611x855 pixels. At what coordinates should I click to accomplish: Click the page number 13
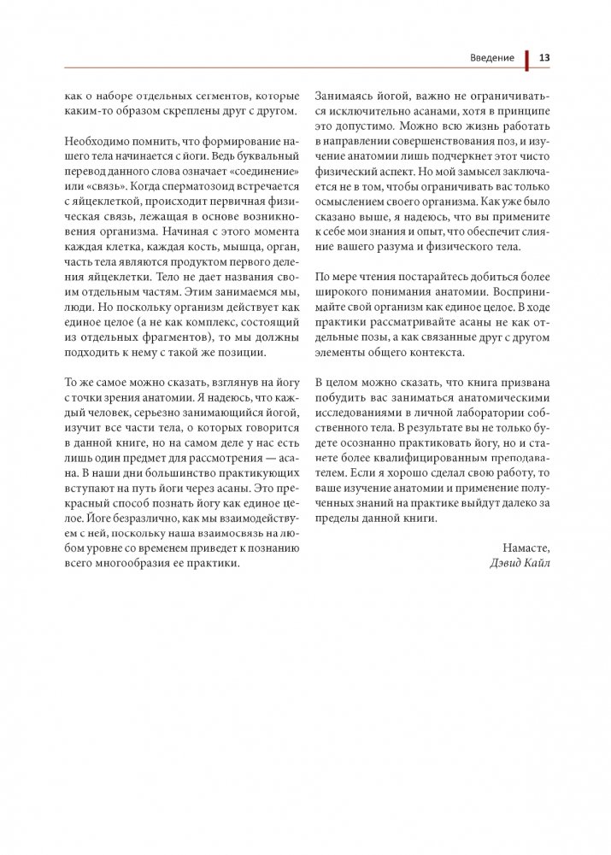(543, 58)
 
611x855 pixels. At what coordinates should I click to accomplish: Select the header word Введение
(491, 58)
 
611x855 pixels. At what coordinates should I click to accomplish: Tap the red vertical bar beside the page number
(527, 58)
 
